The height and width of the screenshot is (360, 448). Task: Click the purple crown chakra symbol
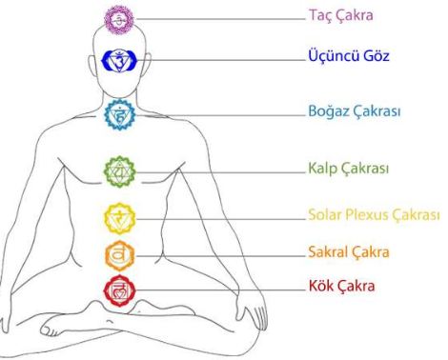point(119,19)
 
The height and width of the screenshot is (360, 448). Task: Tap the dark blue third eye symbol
point(119,60)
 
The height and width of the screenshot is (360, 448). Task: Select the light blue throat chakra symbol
point(120,114)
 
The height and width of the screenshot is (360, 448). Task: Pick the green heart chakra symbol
point(119,171)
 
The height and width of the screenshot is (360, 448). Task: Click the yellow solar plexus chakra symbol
point(120,218)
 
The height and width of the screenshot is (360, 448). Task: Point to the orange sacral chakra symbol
point(120,255)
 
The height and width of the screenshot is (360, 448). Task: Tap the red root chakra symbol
point(119,290)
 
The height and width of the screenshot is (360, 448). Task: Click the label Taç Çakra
point(341,15)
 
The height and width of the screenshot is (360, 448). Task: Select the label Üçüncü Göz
point(349,56)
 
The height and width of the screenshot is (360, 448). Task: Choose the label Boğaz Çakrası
point(355,111)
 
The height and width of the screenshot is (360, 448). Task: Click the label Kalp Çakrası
point(349,168)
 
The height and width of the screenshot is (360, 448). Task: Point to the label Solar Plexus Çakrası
point(374,215)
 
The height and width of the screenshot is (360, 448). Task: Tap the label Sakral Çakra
point(349,252)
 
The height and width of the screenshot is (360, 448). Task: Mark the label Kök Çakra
point(342,286)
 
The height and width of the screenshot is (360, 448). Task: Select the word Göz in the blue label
point(377,56)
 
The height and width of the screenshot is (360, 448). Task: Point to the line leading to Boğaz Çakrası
point(221,115)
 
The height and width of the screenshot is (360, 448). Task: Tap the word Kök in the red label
point(321,286)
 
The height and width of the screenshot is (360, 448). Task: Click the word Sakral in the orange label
point(329,252)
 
